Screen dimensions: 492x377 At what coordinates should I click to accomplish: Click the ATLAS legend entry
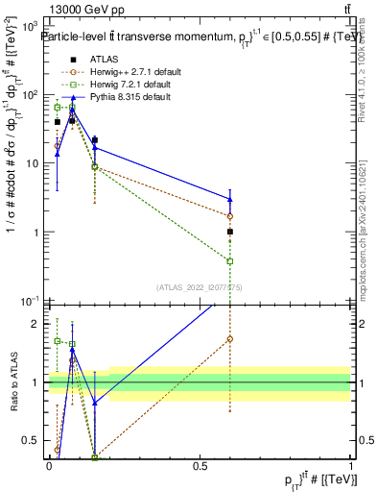pos(106,59)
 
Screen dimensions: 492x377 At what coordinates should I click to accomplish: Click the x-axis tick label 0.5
pos(200,465)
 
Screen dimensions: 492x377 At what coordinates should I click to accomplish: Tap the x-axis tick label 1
pos(351,465)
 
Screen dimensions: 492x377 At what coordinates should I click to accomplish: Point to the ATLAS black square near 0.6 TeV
pos(230,232)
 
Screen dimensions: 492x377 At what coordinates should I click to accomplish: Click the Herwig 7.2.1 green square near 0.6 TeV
pos(230,260)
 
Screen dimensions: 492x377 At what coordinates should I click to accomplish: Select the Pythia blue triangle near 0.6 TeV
pos(230,198)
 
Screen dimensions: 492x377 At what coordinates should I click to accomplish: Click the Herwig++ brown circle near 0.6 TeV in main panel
pos(230,216)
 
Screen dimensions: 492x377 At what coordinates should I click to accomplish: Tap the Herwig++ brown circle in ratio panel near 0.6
pos(230,338)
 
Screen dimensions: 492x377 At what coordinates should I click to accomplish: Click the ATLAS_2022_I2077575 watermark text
pos(200,286)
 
